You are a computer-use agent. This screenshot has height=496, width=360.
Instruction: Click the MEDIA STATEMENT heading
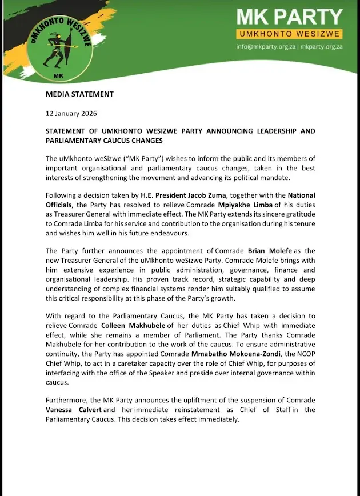click(79, 94)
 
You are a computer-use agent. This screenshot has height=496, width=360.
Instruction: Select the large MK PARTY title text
click(290, 17)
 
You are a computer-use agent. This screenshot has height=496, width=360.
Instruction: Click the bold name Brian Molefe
click(271, 250)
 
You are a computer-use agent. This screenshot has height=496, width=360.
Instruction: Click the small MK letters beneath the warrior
click(58, 75)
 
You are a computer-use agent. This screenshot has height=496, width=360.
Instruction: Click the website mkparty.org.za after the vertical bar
click(322, 47)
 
